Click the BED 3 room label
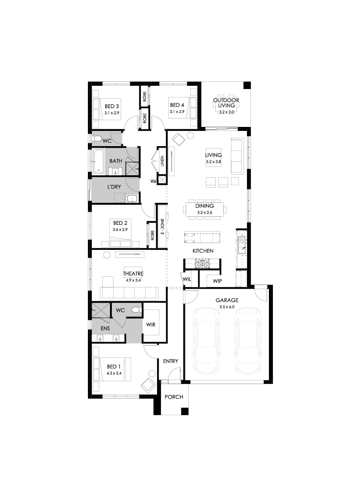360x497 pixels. click(112, 106)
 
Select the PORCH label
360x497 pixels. click(174, 397)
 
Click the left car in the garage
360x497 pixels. click(206, 339)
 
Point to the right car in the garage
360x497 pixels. click(248, 339)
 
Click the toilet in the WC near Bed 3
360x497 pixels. click(97, 139)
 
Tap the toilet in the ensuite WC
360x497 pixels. click(136, 309)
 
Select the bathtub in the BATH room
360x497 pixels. click(99, 162)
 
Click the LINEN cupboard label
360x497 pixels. click(162, 161)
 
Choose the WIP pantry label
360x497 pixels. click(217, 281)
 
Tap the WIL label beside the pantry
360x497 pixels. click(187, 279)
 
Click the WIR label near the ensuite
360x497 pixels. click(151, 325)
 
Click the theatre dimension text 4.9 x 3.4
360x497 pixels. click(133, 280)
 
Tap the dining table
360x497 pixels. click(205, 209)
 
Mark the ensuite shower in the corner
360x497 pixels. click(100, 310)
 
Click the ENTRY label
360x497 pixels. click(171, 361)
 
